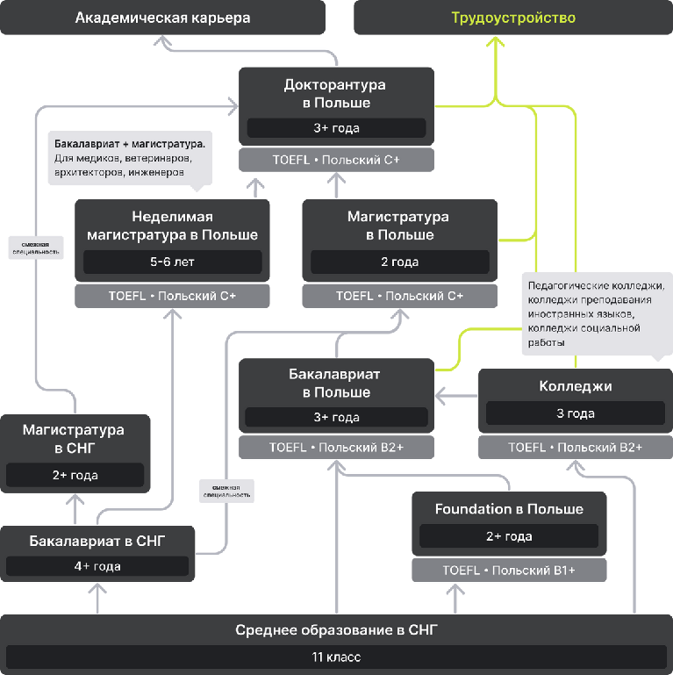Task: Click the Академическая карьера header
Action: pos(162,18)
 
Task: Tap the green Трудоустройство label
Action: pos(513,18)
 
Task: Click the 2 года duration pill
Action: pos(398,262)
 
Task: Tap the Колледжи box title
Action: pos(575,386)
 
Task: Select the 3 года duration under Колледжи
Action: pos(575,413)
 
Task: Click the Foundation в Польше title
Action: pos(509,509)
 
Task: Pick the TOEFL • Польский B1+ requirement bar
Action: pos(509,571)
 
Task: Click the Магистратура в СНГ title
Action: pos(74,439)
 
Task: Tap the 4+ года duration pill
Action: pos(97,566)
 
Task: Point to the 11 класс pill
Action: pos(336,657)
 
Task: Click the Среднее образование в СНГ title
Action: pos(336,630)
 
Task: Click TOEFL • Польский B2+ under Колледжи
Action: pos(575,447)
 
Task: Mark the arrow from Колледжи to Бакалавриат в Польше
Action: pos(456,397)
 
